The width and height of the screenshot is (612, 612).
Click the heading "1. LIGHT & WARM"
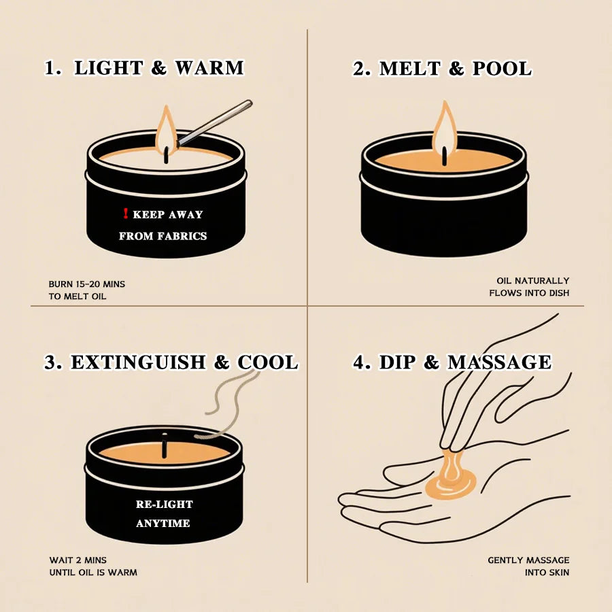click(x=143, y=68)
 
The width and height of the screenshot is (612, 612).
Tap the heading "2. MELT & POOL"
click(x=442, y=69)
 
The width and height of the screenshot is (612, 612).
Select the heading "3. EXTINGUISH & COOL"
click(x=171, y=362)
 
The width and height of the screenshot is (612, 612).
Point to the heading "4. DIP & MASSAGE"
click(x=452, y=362)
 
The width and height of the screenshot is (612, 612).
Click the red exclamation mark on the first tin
click(x=125, y=214)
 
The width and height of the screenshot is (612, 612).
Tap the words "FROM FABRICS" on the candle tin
click(x=163, y=236)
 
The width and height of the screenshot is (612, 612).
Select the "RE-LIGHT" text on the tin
click(x=164, y=505)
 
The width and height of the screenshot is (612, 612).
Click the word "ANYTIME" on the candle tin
click(x=163, y=524)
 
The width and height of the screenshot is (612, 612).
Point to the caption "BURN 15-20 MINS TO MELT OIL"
click(x=86, y=290)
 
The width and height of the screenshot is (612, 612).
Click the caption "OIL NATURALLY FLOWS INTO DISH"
click(x=528, y=286)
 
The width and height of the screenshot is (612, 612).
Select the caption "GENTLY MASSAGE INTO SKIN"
click(x=528, y=566)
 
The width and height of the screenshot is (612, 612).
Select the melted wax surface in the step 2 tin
click(x=476, y=162)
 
